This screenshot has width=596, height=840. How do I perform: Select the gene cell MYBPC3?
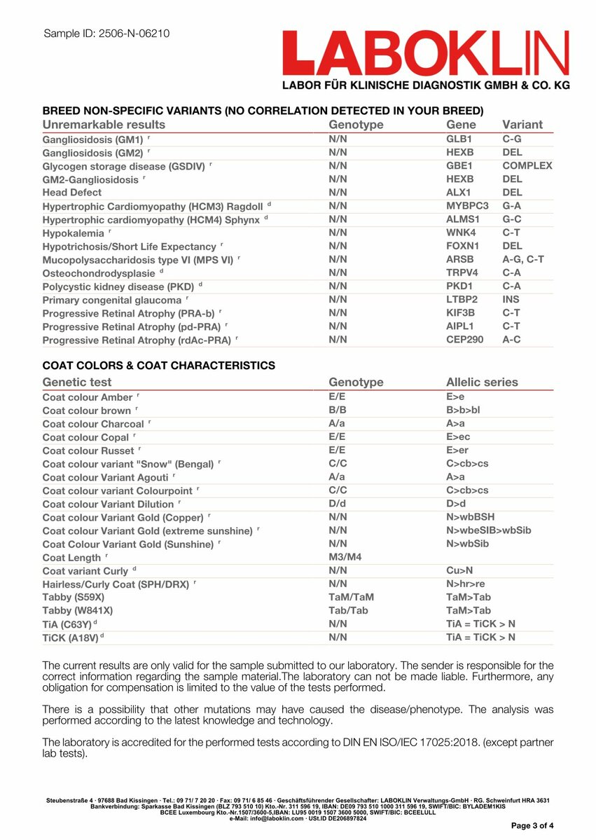tap(467, 205)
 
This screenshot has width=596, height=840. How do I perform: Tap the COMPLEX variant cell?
tap(527, 165)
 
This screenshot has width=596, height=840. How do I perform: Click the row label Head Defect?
tap(72, 192)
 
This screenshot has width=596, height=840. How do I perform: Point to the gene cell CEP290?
tap(465, 339)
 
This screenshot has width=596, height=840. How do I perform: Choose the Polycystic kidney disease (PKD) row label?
tap(118, 286)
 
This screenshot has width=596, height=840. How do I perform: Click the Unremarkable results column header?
tap(104, 125)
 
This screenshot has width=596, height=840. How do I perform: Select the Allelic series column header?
tap(482, 383)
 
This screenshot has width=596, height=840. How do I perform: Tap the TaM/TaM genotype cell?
tap(351, 597)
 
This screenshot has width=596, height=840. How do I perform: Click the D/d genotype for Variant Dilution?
tap(338, 504)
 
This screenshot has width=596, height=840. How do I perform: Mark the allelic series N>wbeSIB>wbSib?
tap(488, 530)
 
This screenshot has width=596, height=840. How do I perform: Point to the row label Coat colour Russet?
tap(88, 450)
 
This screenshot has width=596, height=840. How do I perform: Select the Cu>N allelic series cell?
tap(459, 570)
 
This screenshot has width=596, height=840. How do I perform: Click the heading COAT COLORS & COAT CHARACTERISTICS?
tap(158, 366)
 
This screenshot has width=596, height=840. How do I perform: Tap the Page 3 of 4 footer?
tap(532, 826)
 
